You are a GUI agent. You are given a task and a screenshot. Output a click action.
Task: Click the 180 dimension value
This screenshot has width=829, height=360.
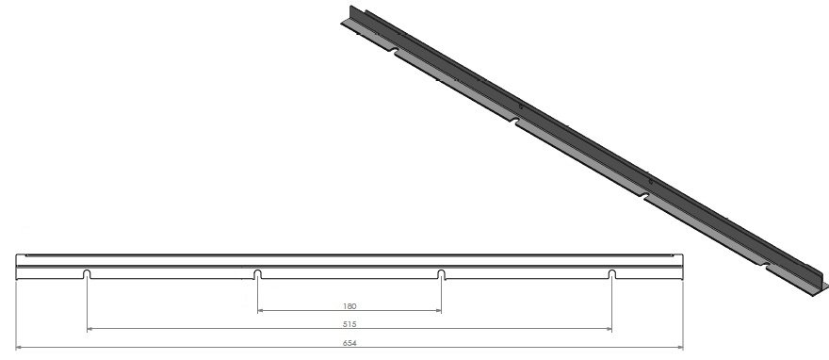pos(349,306)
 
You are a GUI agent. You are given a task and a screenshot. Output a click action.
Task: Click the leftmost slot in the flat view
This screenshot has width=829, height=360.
pos(87,274)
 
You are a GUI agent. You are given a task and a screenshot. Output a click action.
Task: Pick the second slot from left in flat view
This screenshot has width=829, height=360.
pos(257,274)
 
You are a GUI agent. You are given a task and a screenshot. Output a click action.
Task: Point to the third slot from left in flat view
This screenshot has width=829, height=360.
pos(442,274)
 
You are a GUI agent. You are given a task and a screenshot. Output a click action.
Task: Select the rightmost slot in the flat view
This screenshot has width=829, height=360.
pos(611,274)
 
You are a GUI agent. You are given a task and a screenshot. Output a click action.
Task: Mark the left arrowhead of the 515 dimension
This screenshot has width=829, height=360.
pos(90,329)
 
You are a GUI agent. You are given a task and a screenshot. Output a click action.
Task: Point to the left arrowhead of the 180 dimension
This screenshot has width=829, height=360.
pos(261,311)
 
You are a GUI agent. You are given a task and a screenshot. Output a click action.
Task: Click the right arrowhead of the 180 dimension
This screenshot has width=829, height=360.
pos(438,311)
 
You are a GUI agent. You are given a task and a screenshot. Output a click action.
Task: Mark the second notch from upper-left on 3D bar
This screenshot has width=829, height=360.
pos(513,121)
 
